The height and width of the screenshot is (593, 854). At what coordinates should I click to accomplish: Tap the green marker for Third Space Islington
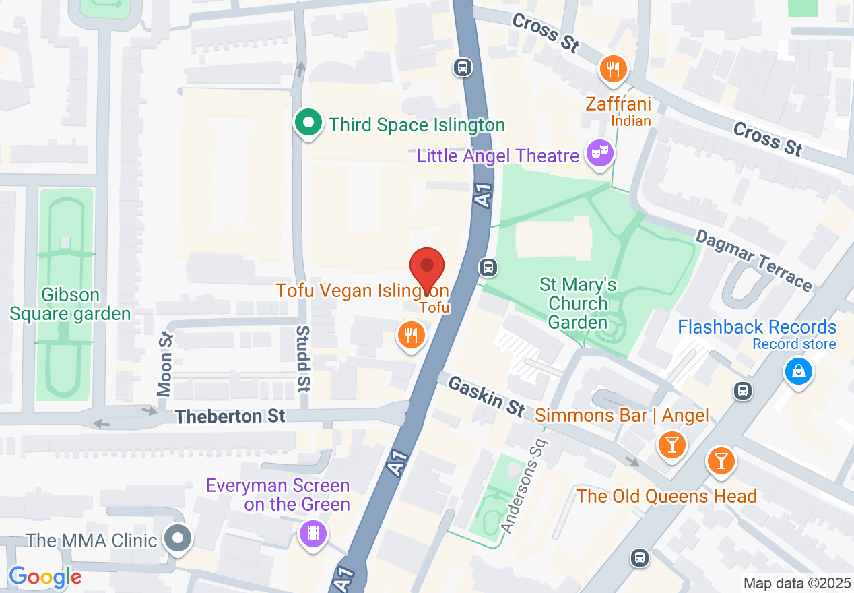(x=308, y=124)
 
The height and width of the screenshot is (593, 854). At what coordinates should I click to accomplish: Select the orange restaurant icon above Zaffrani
(x=613, y=69)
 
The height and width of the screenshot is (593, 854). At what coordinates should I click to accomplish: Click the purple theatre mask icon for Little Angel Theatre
(x=597, y=154)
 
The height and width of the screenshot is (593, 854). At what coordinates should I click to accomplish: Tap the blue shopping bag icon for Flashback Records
(x=798, y=372)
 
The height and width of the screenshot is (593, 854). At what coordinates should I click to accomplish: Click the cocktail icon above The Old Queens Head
(x=721, y=462)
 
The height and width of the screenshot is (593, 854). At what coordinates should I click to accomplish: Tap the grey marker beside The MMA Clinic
(x=178, y=539)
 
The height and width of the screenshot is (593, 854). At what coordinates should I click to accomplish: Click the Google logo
(x=45, y=577)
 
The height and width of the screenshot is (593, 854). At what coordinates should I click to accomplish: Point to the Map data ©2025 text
(x=796, y=583)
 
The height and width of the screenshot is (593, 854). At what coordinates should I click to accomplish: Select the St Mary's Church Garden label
(x=578, y=303)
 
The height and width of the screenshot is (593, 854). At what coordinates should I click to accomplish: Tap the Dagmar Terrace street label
(x=754, y=259)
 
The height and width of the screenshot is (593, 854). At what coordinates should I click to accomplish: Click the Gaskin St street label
(x=486, y=396)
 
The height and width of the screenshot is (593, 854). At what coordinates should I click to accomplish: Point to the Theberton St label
(x=230, y=416)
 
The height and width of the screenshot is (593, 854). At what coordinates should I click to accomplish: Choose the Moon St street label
(x=165, y=364)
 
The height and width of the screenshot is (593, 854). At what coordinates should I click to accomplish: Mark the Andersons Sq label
(x=525, y=486)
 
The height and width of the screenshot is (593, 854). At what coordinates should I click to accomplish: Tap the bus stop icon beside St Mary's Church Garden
(x=488, y=268)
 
